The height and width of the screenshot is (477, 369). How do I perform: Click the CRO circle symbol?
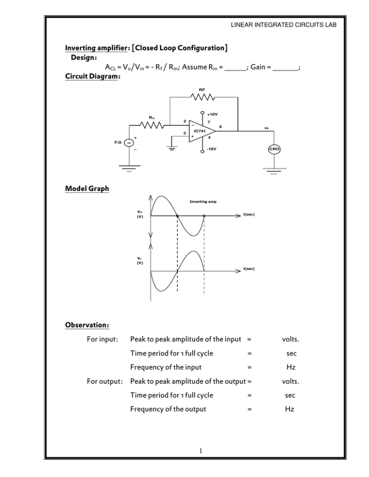274,149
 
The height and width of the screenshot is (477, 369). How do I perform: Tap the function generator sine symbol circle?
129,143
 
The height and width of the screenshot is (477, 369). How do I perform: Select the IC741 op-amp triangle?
202,131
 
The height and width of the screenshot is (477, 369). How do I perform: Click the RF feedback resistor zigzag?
202,97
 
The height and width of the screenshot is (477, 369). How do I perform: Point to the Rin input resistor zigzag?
152,125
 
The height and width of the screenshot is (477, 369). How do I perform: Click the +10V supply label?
212,114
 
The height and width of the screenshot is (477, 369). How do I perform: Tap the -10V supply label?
211,149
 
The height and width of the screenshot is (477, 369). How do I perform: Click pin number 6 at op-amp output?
221,127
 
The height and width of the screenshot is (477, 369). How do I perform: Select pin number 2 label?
184,121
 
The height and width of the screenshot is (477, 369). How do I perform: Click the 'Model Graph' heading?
87,189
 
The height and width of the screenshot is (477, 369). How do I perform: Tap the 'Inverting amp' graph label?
203,202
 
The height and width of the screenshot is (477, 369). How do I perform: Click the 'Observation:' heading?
87,325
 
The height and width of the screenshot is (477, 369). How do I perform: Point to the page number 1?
200,451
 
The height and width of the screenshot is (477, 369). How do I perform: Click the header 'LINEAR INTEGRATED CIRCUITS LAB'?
283,25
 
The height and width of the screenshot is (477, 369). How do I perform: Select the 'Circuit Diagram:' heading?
93,76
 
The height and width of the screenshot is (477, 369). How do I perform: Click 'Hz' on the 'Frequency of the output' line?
290,409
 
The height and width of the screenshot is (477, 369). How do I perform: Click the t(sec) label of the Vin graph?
249,215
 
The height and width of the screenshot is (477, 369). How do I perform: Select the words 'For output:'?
105,381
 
